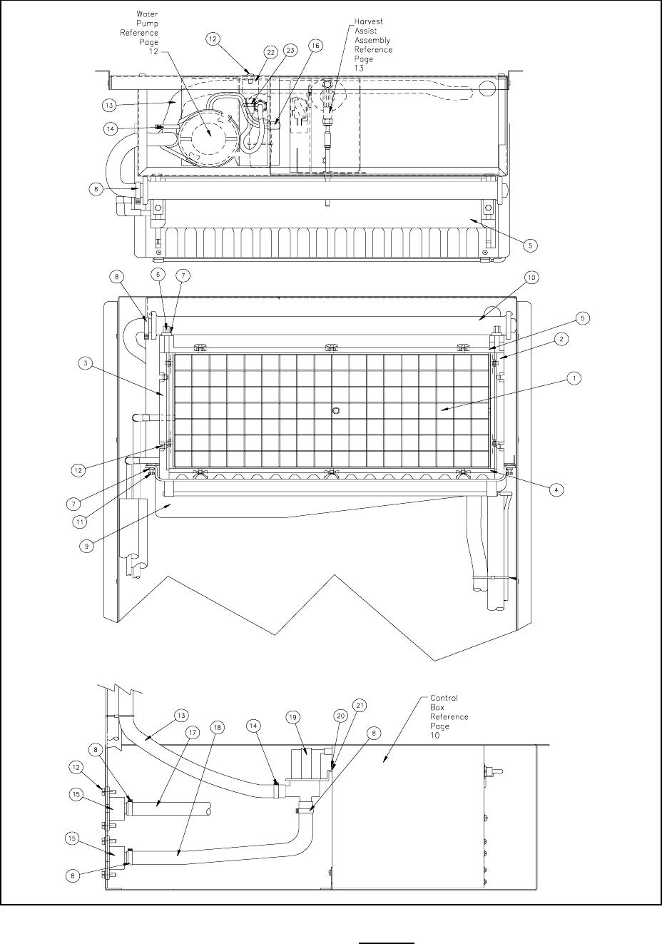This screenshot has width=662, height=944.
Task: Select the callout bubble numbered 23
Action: pyautogui.click(x=290, y=51)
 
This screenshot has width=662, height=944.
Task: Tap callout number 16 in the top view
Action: pyautogui.click(x=315, y=45)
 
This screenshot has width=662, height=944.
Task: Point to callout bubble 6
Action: pyautogui.click(x=158, y=275)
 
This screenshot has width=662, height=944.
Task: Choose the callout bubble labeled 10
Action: pyautogui.click(x=532, y=276)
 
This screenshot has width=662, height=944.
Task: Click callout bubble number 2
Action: pyautogui.click(x=563, y=340)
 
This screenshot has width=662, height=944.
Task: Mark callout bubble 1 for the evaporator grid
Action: pyautogui.click(x=572, y=380)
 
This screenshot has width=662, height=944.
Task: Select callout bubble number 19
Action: pyautogui.click(x=292, y=716)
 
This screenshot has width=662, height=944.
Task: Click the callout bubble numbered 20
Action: pyautogui.click(x=340, y=715)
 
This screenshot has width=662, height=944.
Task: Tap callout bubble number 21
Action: pyautogui.click(x=359, y=706)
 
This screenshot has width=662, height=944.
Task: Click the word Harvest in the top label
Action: pyautogui.click(x=370, y=22)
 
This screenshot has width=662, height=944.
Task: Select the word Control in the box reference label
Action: pyautogui.click(x=444, y=698)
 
